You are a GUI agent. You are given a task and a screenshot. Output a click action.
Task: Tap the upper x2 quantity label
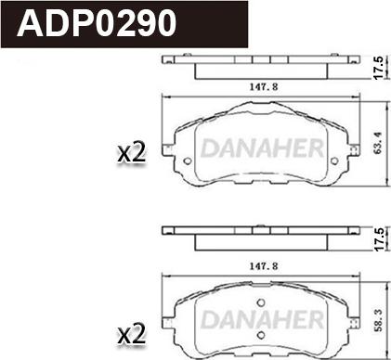point(133,154)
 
